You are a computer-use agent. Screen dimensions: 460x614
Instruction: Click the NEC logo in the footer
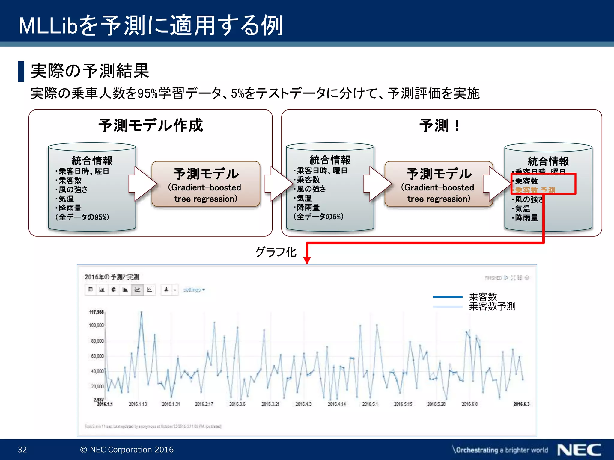click(579, 450)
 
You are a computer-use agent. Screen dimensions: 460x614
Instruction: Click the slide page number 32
click(22, 450)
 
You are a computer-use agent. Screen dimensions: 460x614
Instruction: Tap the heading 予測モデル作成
click(151, 125)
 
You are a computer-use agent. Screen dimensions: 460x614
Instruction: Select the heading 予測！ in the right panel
click(440, 125)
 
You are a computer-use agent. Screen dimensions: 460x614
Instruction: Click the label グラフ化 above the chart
click(276, 252)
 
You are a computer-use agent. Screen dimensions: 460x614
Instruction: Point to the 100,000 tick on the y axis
click(96, 325)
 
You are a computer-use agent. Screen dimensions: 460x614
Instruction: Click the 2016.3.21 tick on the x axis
click(270, 404)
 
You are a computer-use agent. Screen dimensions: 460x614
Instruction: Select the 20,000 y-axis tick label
click(97, 386)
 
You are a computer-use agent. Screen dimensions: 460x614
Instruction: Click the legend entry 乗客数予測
click(492, 306)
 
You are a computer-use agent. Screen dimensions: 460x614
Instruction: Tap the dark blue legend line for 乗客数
click(447, 297)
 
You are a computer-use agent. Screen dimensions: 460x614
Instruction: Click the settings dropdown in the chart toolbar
click(194, 290)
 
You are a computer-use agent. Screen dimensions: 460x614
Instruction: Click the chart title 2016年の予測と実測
click(112, 277)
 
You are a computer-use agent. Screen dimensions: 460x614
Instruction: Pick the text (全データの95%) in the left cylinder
click(82, 217)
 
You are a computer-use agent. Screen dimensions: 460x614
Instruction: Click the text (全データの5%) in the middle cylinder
click(318, 216)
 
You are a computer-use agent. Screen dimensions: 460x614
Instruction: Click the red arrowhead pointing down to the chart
click(307, 260)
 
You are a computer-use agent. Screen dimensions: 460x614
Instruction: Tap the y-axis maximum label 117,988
click(96, 312)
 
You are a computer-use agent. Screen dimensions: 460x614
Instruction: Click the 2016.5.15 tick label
click(403, 404)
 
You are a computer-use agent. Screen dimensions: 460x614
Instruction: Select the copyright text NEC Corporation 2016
click(127, 450)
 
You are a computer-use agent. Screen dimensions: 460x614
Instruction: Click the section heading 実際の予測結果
click(90, 71)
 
